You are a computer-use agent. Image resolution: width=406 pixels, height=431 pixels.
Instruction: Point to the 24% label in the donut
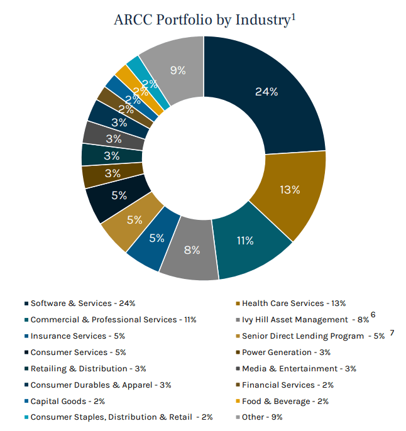266,92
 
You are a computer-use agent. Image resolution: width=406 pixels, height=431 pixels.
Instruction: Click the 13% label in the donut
289,189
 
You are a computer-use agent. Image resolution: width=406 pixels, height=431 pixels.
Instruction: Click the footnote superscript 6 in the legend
373,315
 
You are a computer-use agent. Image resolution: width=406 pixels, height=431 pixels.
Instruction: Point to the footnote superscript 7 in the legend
392,332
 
